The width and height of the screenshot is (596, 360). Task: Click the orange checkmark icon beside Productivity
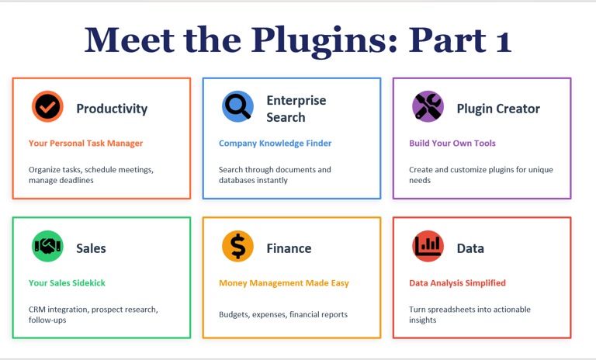[x=47, y=107]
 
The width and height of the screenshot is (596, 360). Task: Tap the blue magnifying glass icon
[x=237, y=107]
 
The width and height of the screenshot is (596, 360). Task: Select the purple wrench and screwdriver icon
[x=428, y=107]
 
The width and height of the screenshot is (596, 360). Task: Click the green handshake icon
[x=47, y=247]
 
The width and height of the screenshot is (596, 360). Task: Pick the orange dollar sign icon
[x=237, y=247]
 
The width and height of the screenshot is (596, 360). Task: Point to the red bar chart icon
[x=428, y=247]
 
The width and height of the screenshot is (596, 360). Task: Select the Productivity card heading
[x=112, y=109]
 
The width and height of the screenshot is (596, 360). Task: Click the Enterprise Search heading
[x=296, y=109]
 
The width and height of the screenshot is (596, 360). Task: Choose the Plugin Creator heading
[x=498, y=109]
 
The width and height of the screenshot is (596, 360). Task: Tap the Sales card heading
[x=91, y=248]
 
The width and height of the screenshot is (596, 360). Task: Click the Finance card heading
[x=289, y=248]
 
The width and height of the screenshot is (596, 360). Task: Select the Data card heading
[x=470, y=248]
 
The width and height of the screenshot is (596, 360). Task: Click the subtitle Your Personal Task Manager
[x=85, y=144]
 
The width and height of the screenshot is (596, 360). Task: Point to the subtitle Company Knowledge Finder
[x=275, y=144]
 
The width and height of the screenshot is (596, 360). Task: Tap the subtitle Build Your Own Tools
[x=452, y=144]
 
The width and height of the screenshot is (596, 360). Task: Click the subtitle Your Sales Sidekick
[x=67, y=283]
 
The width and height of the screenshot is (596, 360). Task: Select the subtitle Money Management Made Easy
[x=284, y=283]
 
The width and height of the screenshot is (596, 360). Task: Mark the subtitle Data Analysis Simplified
[x=457, y=283]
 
